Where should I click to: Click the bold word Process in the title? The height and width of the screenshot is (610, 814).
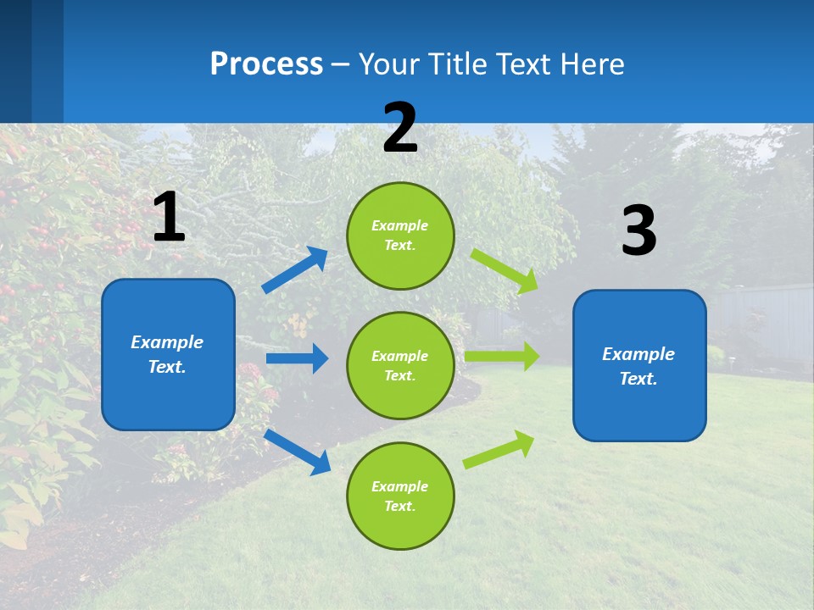click(266, 64)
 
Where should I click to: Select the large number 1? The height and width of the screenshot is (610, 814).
click(169, 218)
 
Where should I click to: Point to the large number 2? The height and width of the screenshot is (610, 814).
click(400, 128)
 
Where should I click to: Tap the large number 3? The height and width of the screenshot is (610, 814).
click(638, 230)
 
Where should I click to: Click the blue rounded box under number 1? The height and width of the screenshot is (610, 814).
click(168, 354)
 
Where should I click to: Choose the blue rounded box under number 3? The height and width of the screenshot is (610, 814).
click(639, 366)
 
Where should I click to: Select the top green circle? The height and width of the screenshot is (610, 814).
click(400, 236)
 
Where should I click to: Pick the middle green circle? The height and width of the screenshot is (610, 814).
click(400, 365)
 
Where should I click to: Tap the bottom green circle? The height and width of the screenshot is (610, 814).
click(400, 496)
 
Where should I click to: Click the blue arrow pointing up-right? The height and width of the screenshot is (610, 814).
click(295, 270)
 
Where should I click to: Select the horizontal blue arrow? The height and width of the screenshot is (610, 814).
click(297, 358)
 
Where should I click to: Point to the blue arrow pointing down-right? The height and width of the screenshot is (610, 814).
click(298, 452)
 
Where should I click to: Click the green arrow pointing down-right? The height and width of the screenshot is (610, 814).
click(505, 272)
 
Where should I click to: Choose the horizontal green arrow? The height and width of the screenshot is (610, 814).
click(502, 357)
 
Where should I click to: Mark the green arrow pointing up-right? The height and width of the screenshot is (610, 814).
click(499, 450)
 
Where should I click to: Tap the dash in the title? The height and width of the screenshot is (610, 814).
click(341, 64)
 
